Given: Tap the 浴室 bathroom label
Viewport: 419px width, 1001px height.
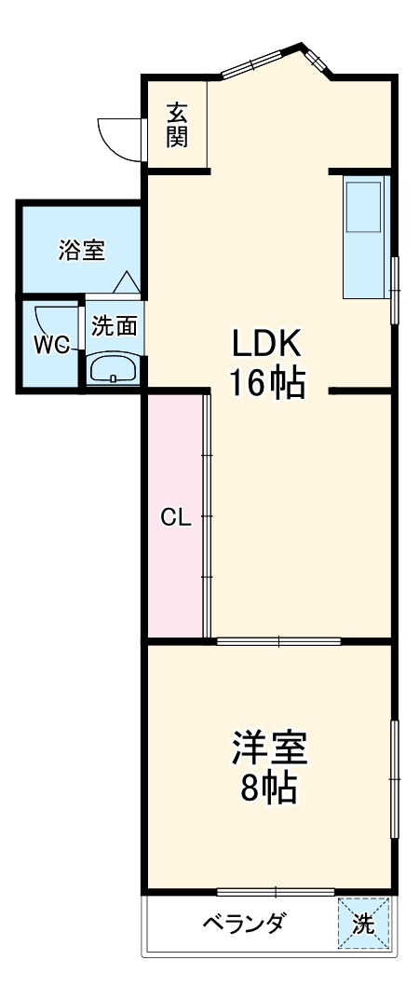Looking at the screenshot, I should [x=82, y=250].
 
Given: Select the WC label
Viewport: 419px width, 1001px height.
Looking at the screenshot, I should [x=52, y=344].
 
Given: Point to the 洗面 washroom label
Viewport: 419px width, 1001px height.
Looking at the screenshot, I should [x=115, y=325].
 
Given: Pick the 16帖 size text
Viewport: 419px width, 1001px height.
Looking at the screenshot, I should [x=267, y=382].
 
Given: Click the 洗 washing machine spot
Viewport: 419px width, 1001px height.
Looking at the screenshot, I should [x=363, y=924].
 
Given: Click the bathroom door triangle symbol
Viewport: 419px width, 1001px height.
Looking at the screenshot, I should [x=126, y=281].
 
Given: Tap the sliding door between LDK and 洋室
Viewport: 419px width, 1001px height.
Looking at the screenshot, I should [x=278, y=641].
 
